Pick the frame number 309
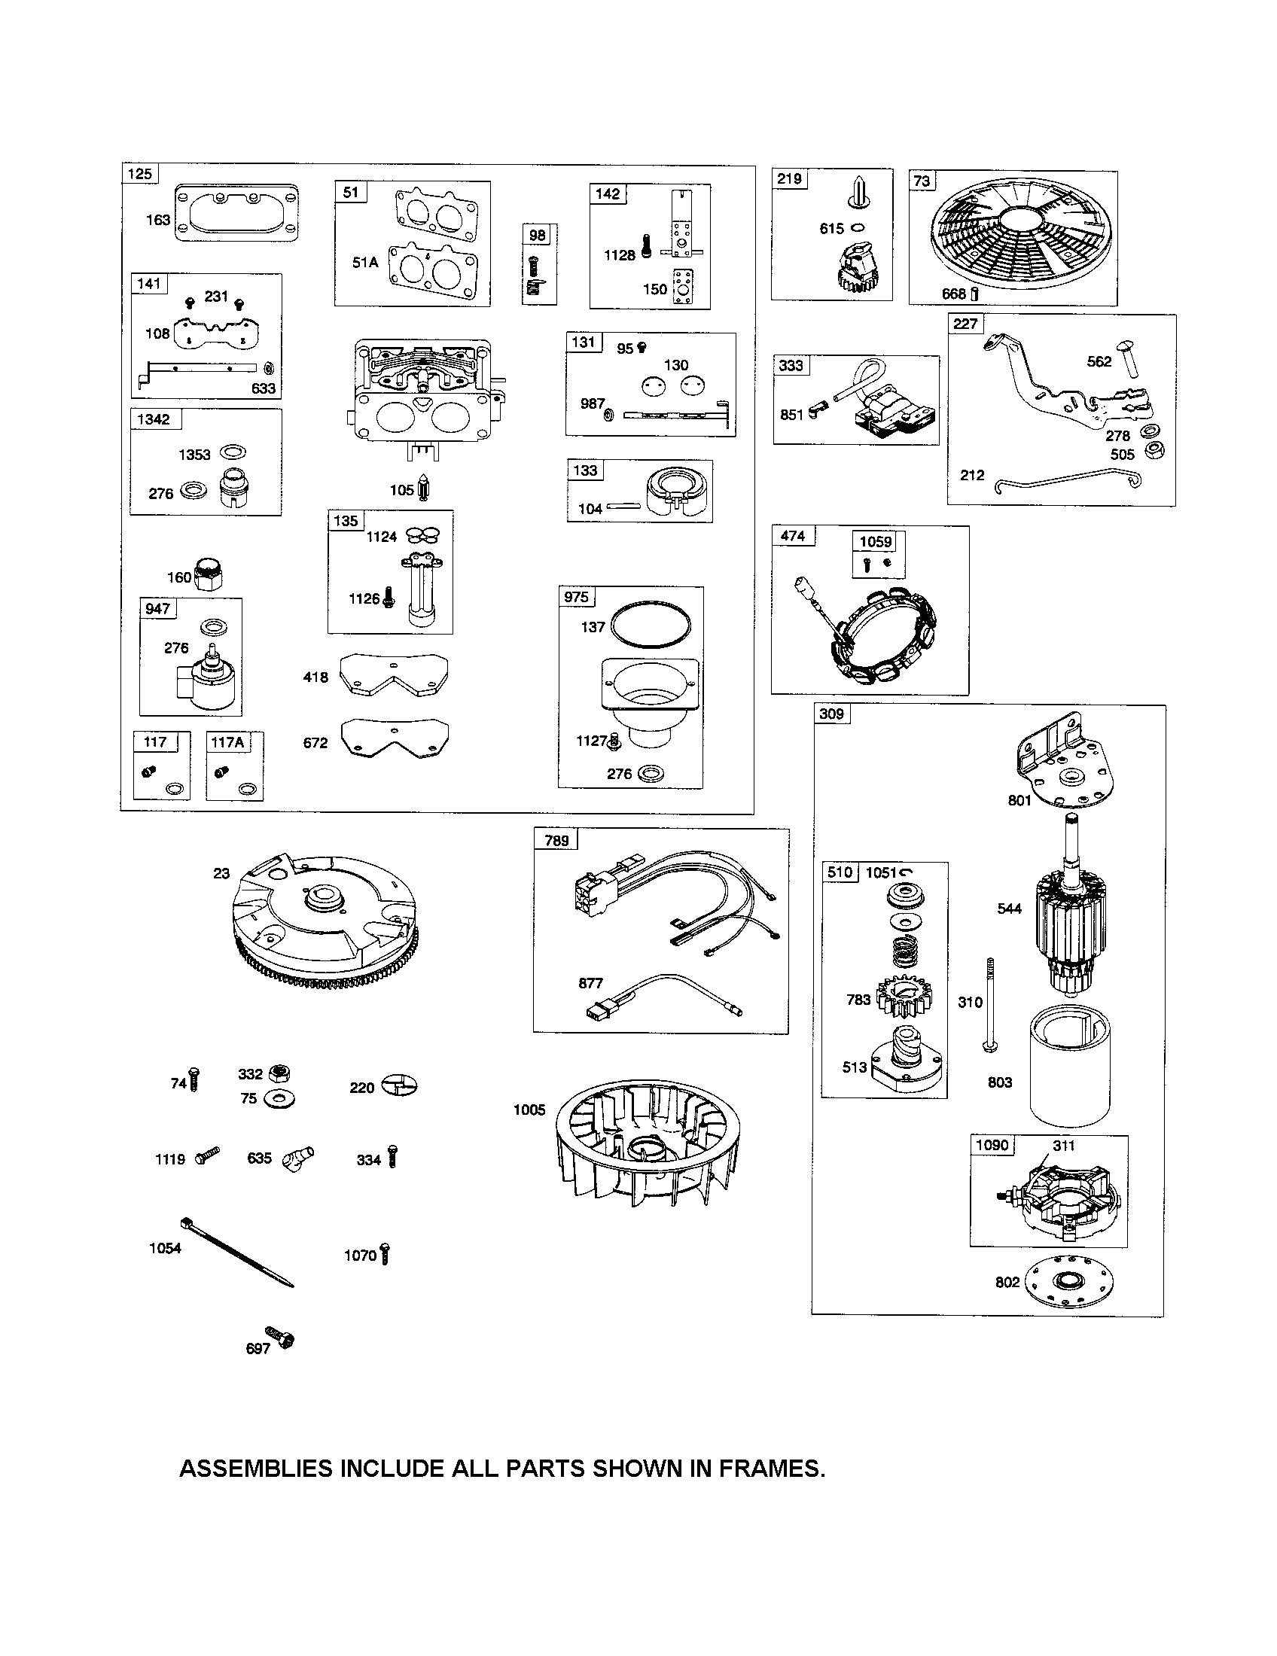click(x=831, y=714)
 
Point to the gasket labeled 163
click(x=236, y=213)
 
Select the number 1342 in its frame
click(x=153, y=419)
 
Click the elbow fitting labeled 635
click(x=297, y=1158)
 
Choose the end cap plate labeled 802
click(x=1069, y=1283)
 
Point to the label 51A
click(x=364, y=263)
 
